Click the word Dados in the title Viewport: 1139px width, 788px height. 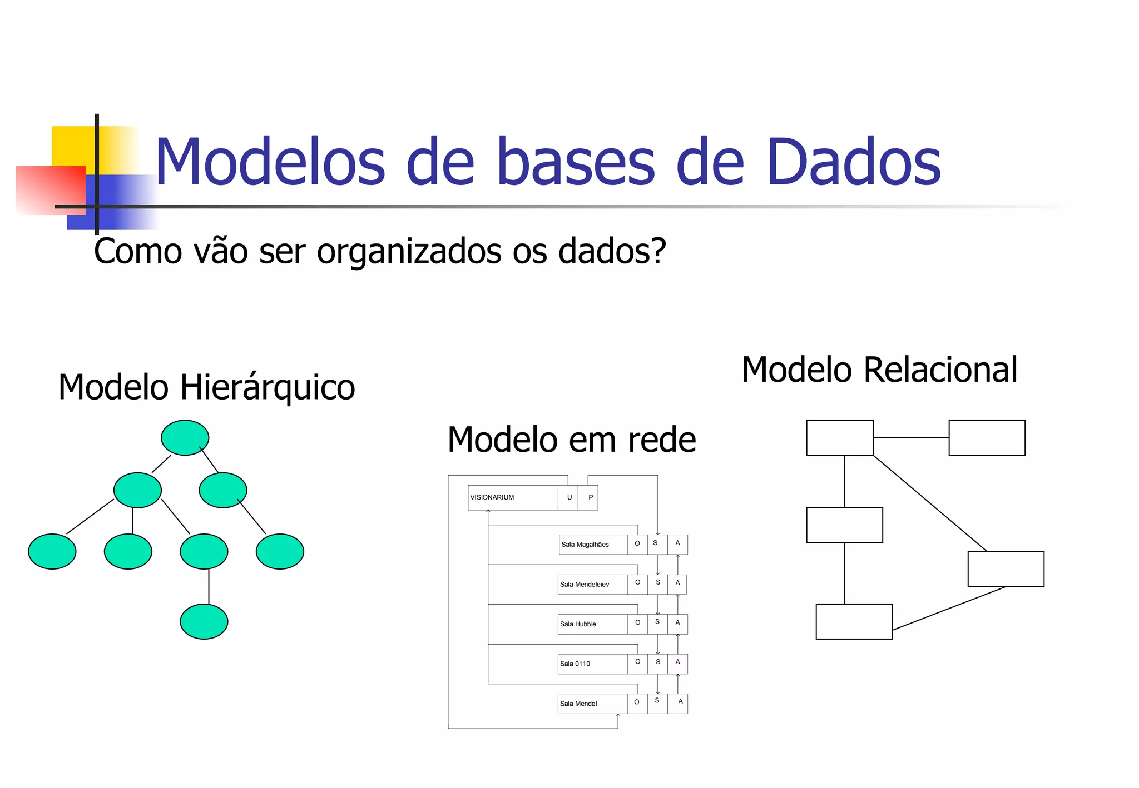pos(853,162)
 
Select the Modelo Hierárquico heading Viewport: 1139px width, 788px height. pos(206,387)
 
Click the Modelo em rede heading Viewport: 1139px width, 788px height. pos(571,440)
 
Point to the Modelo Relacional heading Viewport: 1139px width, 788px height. pos(879,370)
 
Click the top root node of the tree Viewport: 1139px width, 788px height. pos(185,438)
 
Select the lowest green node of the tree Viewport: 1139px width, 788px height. pos(204,621)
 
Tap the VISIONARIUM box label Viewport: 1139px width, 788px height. pos(492,497)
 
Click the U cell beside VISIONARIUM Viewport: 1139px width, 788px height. pos(569,497)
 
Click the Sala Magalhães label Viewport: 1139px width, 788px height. pos(585,545)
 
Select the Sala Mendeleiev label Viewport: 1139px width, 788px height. pos(584,585)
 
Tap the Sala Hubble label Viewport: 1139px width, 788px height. pos(578,624)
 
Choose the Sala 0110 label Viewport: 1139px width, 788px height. pos(575,664)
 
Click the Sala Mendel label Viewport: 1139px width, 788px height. pos(578,704)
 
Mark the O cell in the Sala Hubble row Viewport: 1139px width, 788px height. pos(637,623)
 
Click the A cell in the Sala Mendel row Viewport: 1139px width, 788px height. pos(679,702)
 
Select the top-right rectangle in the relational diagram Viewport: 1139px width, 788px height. pos(986,438)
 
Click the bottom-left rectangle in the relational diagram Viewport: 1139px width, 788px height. pos(853,621)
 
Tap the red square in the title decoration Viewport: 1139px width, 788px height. pos(50,190)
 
